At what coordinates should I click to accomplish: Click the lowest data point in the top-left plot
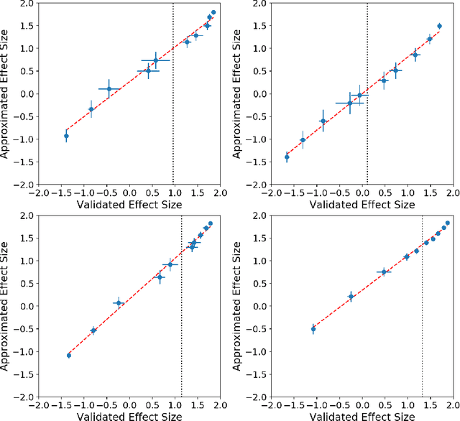pyautogui.click(x=66, y=136)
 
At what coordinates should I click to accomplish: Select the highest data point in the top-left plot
pyautogui.click(x=213, y=12)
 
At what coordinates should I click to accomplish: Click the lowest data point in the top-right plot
pyautogui.click(x=287, y=157)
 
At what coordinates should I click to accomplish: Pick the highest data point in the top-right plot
pyautogui.click(x=439, y=26)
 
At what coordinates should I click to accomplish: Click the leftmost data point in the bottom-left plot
pyautogui.click(x=69, y=355)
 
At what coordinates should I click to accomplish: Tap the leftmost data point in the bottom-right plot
pyautogui.click(x=313, y=328)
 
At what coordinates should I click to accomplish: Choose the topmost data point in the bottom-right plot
pyautogui.click(x=447, y=223)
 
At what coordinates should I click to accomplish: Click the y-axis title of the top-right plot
pyautogui.click(x=243, y=93)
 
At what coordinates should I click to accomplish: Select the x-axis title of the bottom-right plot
pyautogui.click(x=359, y=416)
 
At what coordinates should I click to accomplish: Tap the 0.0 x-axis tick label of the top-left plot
pyautogui.click(x=129, y=193)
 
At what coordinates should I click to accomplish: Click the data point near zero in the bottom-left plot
pyautogui.click(x=119, y=303)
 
